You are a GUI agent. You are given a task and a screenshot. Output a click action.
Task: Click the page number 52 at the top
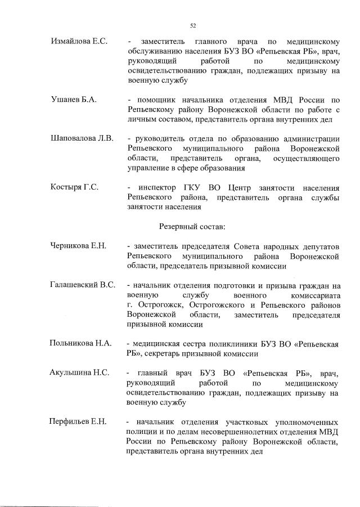(x=192, y=25)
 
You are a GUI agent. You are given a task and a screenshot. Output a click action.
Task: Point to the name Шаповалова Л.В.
(x=82, y=138)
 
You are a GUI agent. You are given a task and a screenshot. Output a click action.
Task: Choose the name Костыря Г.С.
(x=75, y=187)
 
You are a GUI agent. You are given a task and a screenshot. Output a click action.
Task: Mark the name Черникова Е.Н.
(x=79, y=246)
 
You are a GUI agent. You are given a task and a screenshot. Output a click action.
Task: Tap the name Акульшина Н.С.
(x=79, y=373)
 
